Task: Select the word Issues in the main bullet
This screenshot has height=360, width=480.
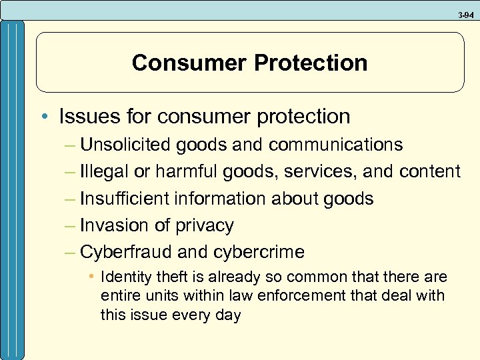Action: coord(83,117)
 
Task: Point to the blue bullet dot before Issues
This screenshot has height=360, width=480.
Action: coord(49,117)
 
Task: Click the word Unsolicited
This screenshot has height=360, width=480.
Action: coord(125,145)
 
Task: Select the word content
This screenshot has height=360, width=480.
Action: coord(430,172)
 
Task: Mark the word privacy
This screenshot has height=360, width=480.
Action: coord(205,226)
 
